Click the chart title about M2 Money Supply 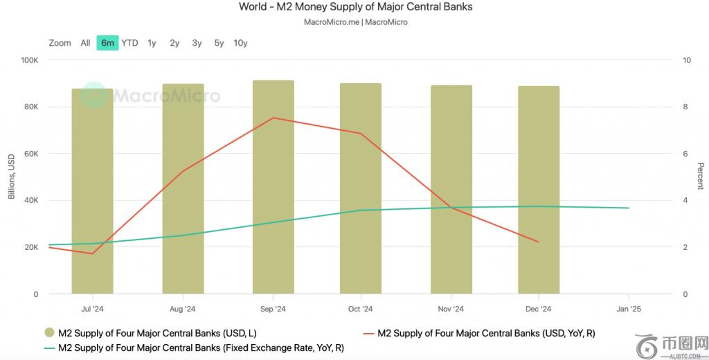355,8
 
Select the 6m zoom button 107,43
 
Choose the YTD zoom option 129,43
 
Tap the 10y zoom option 240,43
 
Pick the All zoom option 85,43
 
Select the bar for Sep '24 273,187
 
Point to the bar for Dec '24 539,190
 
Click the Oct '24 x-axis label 360,309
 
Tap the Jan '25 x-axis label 628,309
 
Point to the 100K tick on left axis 29,60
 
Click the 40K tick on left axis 31,201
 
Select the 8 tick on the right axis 685,107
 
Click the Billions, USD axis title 11,177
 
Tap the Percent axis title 700,177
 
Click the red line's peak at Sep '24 273,118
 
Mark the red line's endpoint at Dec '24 538,242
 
